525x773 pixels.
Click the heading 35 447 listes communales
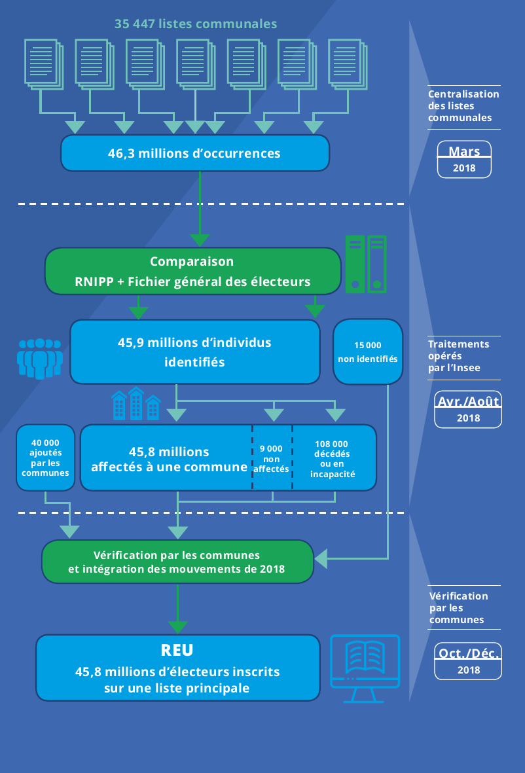196,24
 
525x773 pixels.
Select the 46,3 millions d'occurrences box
194,154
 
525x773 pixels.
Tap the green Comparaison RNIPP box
192,271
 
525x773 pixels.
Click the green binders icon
366,263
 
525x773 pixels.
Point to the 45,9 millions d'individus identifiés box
194,351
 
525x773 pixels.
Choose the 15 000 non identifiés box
367,351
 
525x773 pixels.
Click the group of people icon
39,358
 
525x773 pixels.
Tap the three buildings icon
136,403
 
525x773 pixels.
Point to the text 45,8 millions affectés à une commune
169,459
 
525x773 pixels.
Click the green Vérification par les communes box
177,562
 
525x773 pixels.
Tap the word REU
177,651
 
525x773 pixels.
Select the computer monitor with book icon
365,668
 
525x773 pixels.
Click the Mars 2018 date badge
464,159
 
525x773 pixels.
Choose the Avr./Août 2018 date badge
468,409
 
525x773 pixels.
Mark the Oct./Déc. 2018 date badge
468,660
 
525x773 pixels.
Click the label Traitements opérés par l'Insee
458,356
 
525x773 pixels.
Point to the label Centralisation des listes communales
463,106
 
